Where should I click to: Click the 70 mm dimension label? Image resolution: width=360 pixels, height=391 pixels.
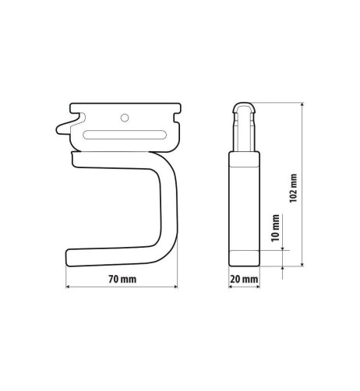[x=122, y=279]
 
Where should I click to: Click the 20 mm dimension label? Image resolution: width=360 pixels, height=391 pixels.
[x=244, y=279]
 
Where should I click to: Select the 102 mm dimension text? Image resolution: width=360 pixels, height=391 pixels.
[x=293, y=188]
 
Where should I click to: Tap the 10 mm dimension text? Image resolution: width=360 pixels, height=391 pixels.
[x=276, y=228]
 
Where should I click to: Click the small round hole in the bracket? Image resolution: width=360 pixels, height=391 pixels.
[x=125, y=118]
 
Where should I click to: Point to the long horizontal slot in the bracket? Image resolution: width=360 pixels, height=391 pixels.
[x=125, y=135]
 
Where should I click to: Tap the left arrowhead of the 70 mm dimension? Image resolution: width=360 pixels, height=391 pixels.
[x=68, y=287]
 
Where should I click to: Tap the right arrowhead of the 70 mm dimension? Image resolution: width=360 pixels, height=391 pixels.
[x=175, y=287]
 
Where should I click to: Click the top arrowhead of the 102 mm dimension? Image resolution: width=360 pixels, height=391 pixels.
[x=302, y=104]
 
